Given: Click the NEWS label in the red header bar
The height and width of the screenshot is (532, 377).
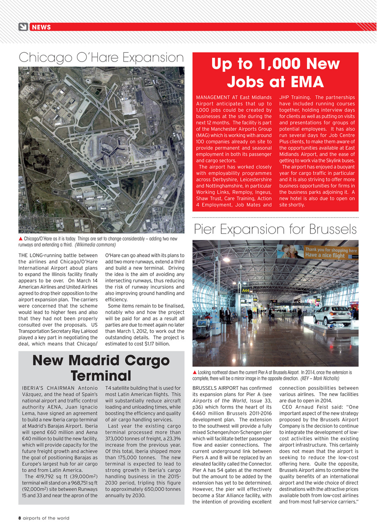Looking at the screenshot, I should click(41, 27).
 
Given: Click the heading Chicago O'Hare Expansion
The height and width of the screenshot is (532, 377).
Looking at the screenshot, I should click(101, 57).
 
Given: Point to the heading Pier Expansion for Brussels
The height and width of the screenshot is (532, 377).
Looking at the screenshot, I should click(275, 229).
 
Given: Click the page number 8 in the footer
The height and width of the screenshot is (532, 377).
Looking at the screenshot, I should click(20, 518).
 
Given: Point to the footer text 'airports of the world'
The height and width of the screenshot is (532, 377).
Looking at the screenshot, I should click(46, 518).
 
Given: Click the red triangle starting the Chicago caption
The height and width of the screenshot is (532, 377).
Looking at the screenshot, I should click(21, 239).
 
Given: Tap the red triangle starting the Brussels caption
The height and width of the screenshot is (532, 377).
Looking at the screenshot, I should click(195, 372).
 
